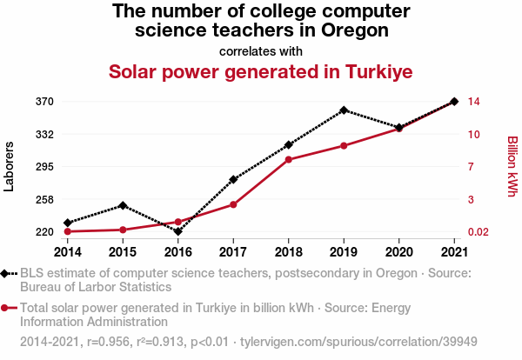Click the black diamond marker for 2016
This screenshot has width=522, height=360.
click(x=177, y=231)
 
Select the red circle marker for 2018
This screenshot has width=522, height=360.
click(x=288, y=159)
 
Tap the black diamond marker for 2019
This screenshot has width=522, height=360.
click(x=344, y=110)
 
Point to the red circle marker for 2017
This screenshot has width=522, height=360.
click(x=233, y=204)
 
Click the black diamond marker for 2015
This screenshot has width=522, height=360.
click(x=123, y=205)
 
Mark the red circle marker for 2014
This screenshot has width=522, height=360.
click(x=68, y=231)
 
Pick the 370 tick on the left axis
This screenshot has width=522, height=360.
click(x=45, y=102)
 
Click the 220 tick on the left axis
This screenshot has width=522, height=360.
click(x=45, y=232)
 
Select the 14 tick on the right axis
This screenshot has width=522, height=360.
click(x=474, y=102)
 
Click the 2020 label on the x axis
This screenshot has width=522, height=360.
click(x=398, y=251)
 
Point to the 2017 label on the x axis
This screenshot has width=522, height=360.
click(x=233, y=251)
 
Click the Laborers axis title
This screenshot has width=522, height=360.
click(x=10, y=165)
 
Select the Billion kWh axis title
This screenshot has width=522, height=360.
click(x=512, y=165)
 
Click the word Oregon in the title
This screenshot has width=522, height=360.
click(x=351, y=30)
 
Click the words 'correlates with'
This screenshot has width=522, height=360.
click(x=261, y=50)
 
